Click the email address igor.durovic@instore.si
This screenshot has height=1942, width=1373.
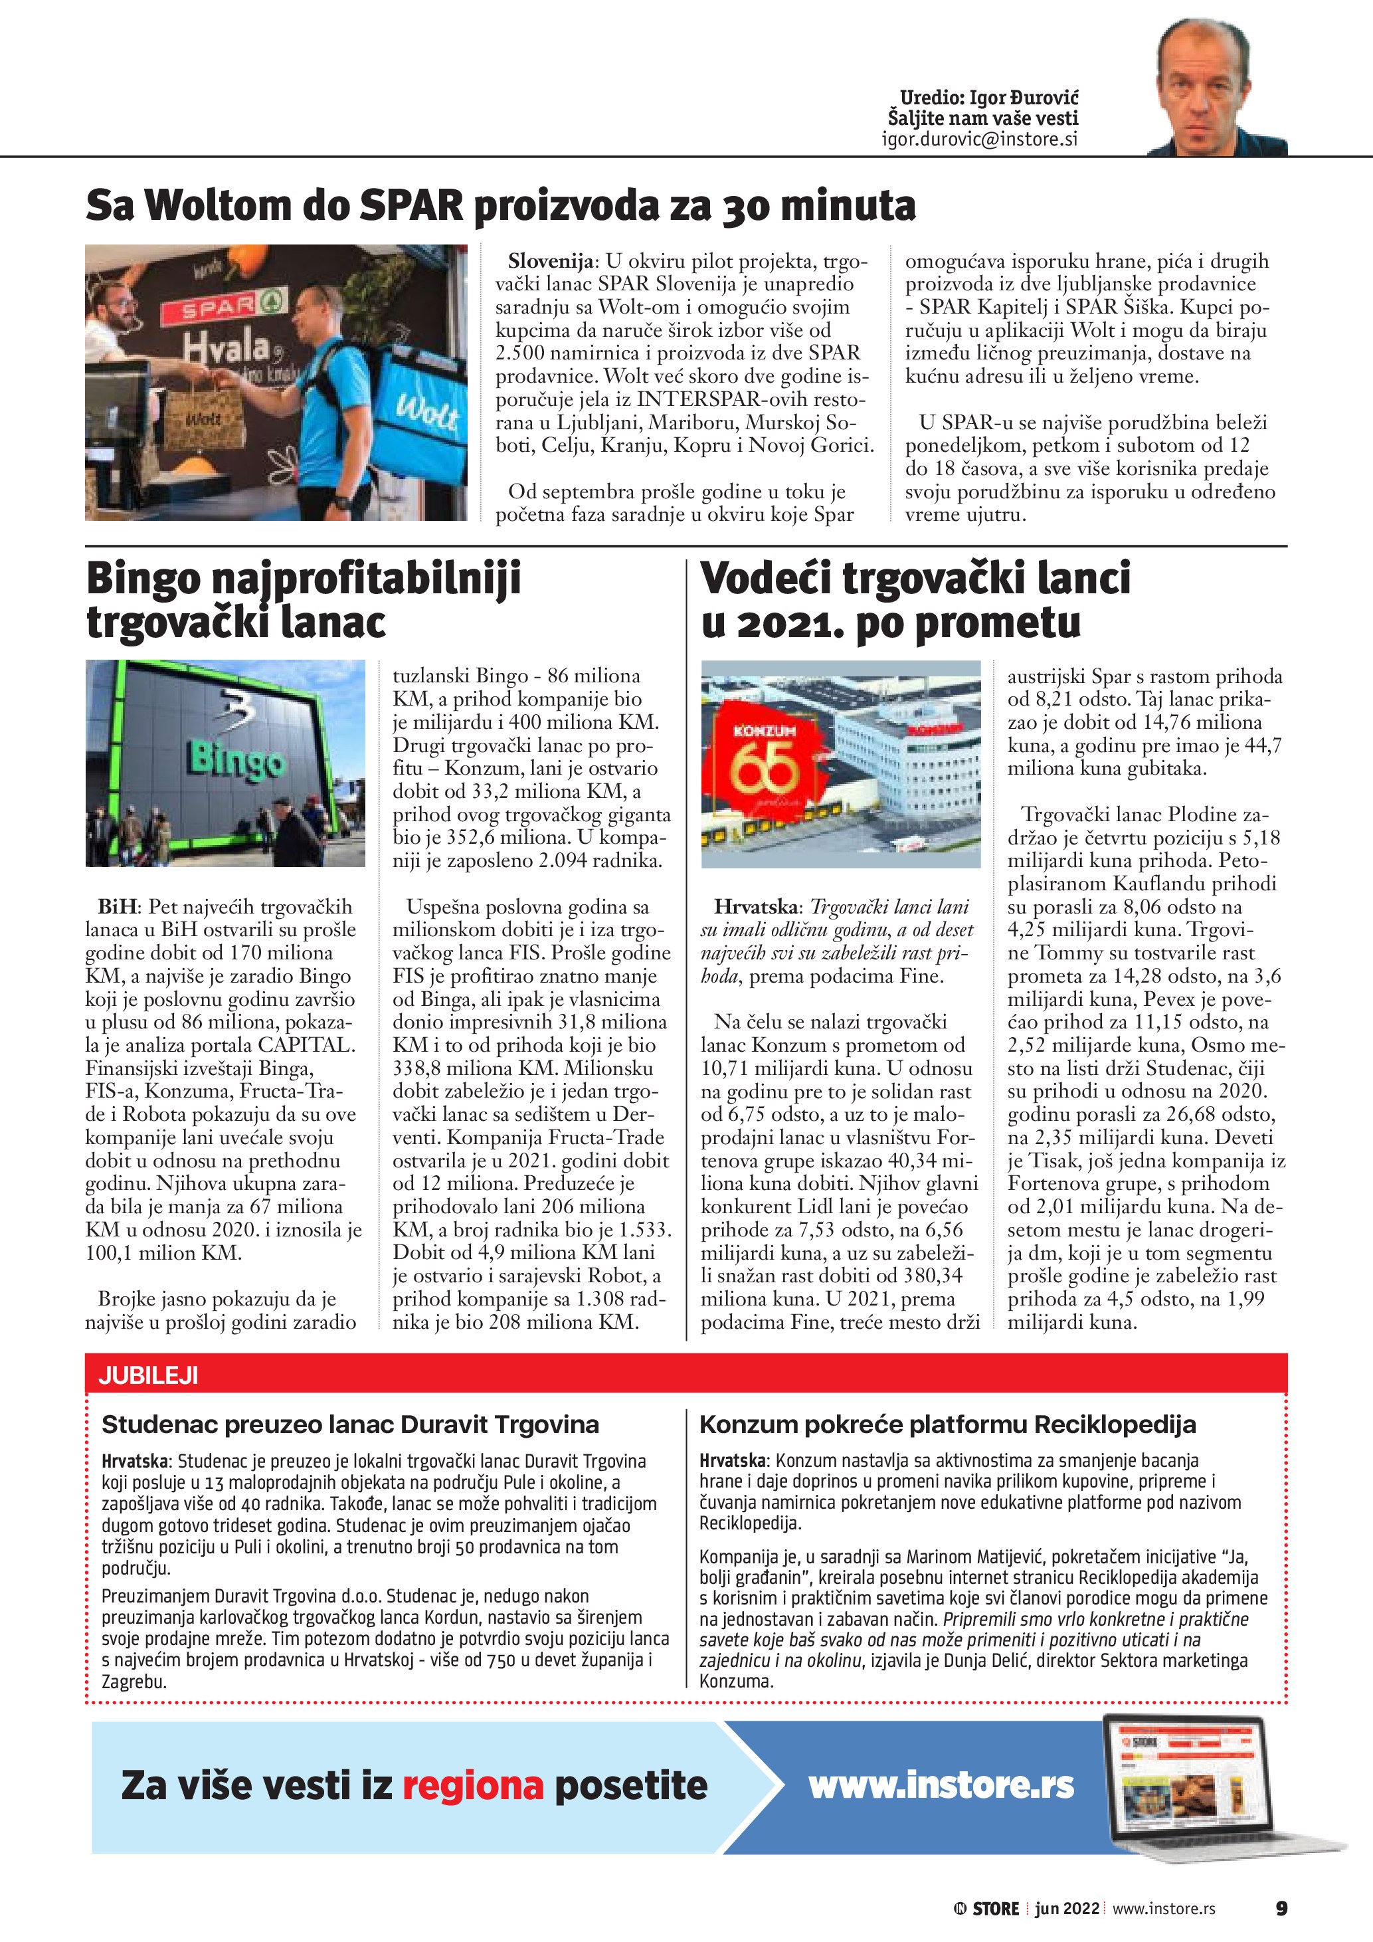979,140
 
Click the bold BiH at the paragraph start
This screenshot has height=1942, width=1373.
117,907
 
